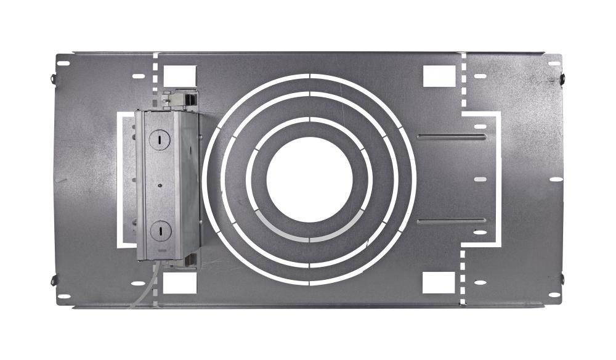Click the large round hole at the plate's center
click(x=309, y=180)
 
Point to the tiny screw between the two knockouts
click(x=160, y=184)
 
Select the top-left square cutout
click(x=180, y=75)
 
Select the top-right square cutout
click(x=439, y=76)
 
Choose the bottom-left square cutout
click(x=180, y=282)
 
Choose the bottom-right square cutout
click(x=438, y=282)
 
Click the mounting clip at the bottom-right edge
click(x=563, y=279)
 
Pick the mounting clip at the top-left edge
click(x=52, y=80)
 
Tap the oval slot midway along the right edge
click(x=556, y=179)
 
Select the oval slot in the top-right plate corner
click(x=554, y=63)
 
